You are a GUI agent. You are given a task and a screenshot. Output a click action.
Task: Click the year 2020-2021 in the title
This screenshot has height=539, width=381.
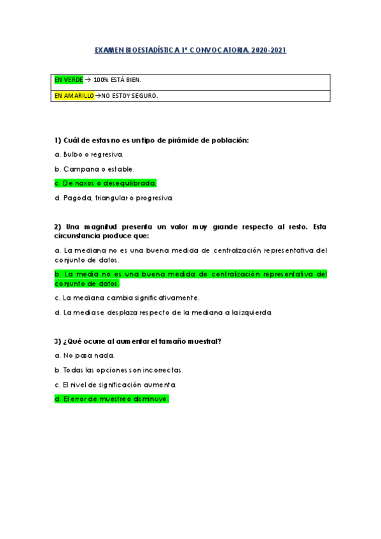coord(269,50)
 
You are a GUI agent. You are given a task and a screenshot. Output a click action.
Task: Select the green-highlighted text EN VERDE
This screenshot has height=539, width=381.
coord(64,79)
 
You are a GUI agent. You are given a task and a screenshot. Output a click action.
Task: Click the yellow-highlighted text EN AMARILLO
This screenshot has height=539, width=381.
coord(70,95)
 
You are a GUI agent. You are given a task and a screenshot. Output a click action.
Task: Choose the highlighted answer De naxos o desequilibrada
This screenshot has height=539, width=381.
coord(106,183)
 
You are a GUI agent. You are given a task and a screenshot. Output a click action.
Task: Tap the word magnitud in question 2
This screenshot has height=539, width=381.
coord(109,227)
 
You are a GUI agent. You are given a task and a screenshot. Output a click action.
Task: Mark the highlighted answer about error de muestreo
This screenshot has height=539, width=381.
coord(111,399)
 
